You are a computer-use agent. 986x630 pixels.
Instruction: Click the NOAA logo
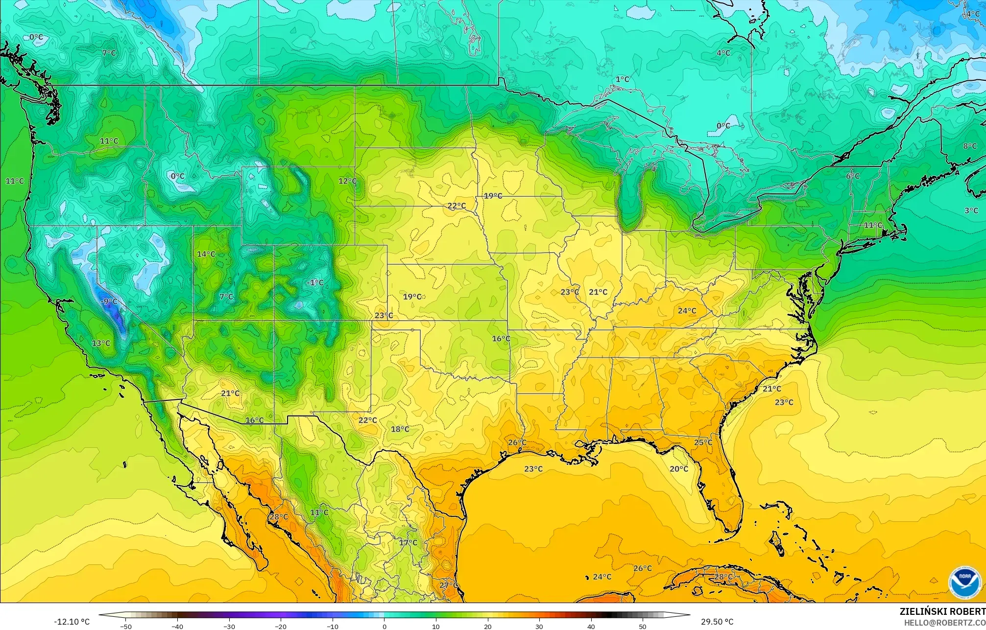[964, 582]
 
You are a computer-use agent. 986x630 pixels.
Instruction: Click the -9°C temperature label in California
[109, 302]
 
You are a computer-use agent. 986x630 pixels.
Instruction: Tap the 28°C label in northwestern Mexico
[279, 517]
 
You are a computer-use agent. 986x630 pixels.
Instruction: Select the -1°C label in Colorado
[315, 282]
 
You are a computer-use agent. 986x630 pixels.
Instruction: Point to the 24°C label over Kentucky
[687, 311]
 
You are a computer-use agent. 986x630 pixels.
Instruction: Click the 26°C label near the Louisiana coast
[517, 443]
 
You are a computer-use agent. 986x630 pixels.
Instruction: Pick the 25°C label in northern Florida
[703, 443]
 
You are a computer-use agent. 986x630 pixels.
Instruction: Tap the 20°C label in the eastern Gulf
[679, 469]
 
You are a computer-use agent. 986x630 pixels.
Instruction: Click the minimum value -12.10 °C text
[72, 622]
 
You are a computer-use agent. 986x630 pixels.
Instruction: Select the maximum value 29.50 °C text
[717, 622]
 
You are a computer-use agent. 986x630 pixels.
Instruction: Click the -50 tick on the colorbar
[126, 627]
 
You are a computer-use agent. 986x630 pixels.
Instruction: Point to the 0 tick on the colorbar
[384, 627]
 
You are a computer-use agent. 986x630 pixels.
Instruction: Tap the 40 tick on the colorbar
[591, 627]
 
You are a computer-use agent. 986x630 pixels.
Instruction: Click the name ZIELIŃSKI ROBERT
[942, 611]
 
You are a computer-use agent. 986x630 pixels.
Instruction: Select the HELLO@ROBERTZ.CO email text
[944, 623]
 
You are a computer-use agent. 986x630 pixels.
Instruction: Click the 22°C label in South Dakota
[457, 206]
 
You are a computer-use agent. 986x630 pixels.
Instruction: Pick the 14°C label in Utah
[206, 254]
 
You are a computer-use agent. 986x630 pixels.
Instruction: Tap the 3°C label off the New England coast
[971, 210]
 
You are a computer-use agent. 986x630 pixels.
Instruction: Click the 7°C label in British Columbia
[109, 53]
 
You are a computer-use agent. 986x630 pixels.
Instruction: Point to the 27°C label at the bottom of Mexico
[448, 585]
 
